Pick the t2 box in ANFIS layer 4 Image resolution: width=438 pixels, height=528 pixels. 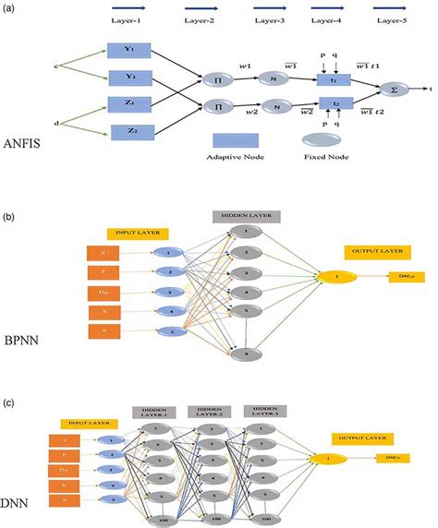[x=336, y=104]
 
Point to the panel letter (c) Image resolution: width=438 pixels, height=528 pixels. [x=8, y=402]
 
